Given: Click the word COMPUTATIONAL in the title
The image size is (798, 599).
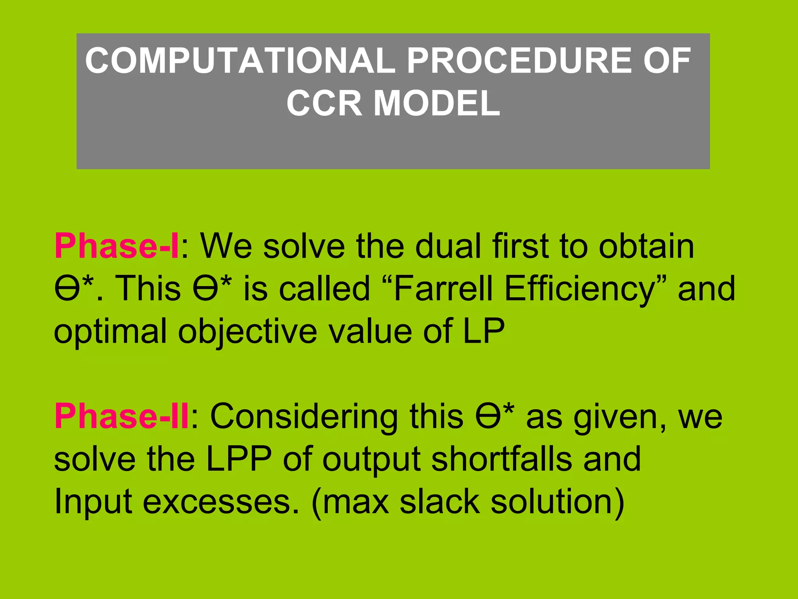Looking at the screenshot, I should pos(240,60).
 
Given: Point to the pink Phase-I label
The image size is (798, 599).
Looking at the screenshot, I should pos(116,246).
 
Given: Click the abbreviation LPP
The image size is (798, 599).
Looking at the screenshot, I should pos(238,459).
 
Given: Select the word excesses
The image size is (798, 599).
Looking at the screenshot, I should pos(221,502).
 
